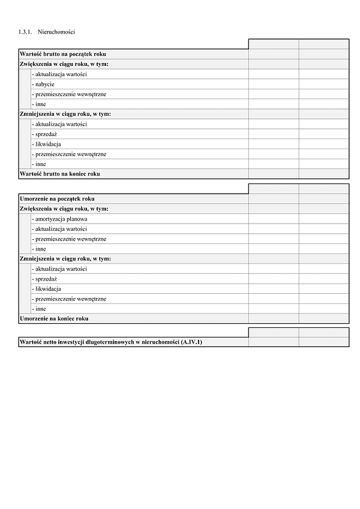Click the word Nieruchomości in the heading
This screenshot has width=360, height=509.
point(60,31)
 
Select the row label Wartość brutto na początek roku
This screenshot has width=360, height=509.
point(63,54)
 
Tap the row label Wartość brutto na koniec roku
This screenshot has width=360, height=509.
point(60,174)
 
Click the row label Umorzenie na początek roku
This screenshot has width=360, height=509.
point(57,198)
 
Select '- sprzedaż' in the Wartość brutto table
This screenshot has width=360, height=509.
point(44,134)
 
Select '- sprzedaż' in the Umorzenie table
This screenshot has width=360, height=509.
point(44,279)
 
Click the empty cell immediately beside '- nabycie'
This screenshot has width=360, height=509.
point(273,84)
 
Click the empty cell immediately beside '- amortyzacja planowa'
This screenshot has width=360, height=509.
point(273,219)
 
